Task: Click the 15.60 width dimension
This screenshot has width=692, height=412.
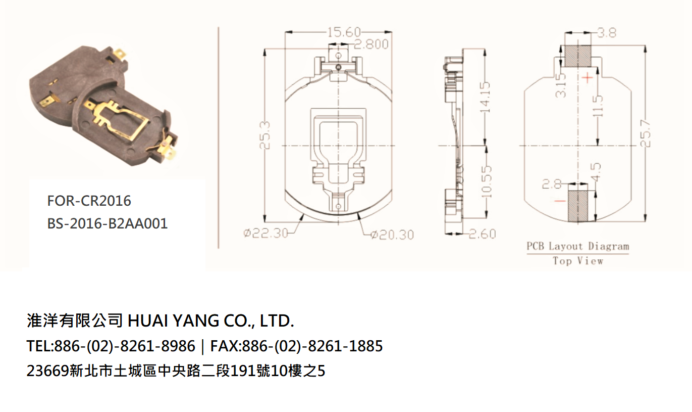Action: click(344, 32)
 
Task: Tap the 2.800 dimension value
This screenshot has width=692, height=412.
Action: click(371, 44)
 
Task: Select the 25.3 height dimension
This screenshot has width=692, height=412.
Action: click(265, 135)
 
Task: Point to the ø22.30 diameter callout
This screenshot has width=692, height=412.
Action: click(265, 233)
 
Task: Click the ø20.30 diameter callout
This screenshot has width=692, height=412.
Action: click(392, 235)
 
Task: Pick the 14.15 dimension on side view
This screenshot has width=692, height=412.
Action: click(486, 97)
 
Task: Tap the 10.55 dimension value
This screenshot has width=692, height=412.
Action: click(487, 181)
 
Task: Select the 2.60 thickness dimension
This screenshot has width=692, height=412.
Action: click(482, 234)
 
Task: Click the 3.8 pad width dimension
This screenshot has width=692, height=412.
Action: click(607, 33)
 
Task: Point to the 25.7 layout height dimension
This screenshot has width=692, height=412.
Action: click(646, 133)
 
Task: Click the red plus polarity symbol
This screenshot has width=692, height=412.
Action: click(588, 78)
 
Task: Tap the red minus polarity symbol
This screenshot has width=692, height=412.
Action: click(560, 201)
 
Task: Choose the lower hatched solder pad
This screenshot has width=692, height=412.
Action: click(578, 206)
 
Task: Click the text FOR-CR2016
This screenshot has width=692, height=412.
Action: click(89, 201)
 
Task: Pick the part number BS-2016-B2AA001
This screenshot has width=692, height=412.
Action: click(108, 223)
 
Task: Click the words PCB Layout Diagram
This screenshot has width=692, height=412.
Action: click(578, 246)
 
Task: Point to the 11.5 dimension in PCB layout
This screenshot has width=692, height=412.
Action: click(598, 106)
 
